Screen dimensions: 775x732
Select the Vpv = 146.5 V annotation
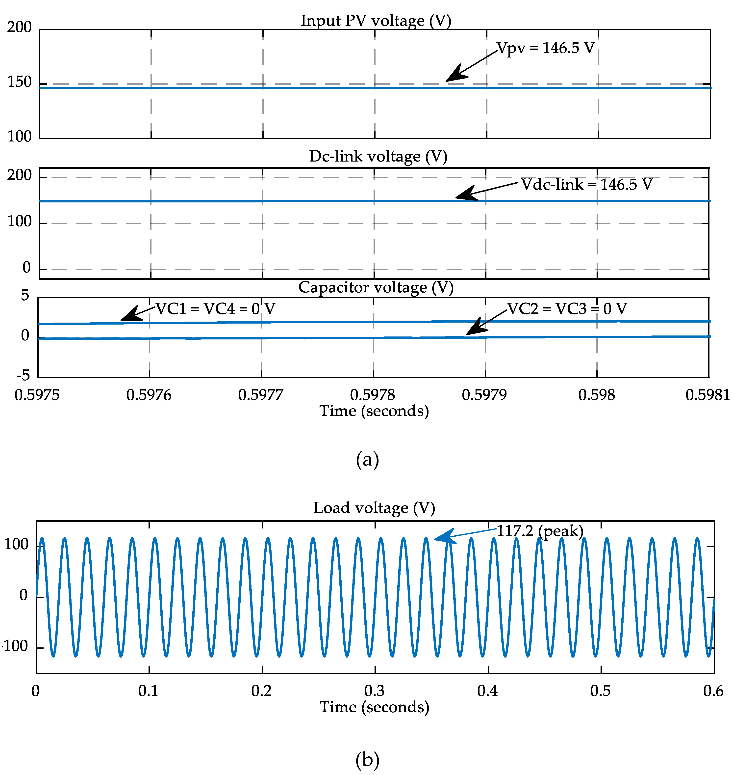pyautogui.click(x=546, y=48)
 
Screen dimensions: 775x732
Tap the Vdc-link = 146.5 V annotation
pyautogui.click(x=586, y=184)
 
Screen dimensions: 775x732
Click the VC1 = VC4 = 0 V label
pyautogui.click(x=215, y=309)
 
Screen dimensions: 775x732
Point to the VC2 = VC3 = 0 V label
pyautogui.click(x=567, y=309)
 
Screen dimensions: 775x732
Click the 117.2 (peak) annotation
pyautogui.click(x=540, y=531)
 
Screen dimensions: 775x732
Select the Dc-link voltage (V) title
pyautogui.click(x=378, y=156)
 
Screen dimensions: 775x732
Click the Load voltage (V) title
pyautogui.click(x=374, y=508)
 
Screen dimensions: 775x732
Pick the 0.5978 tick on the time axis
pyautogui.click(x=372, y=395)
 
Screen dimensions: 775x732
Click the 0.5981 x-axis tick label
pyautogui.click(x=707, y=395)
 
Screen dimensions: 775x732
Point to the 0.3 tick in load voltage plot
pyautogui.click(x=374, y=691)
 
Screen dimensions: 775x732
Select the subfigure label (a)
pyautogui.click(x=367, y=460)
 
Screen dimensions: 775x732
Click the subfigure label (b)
pyautogui.click(x=367, y=759)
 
